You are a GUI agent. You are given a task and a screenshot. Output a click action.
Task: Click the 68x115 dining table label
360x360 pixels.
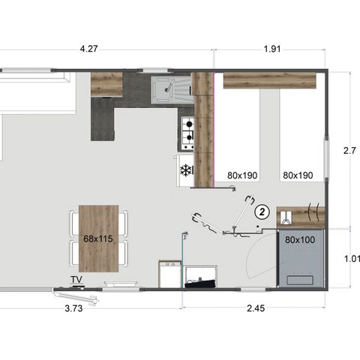click(97, 238)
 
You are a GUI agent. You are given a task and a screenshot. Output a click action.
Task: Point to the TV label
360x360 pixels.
click(76, 280)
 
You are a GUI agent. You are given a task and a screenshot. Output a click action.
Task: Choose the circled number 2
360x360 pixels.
click(261, 211)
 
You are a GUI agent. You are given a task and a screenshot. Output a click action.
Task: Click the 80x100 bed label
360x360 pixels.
click(300, 240)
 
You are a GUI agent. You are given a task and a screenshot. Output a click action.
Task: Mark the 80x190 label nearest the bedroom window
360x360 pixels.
click(298, 175)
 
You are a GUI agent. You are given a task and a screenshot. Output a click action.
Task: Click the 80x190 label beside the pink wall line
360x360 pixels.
click(241, 175)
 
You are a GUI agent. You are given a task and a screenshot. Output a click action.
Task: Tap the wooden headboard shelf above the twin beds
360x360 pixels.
click(268, 80)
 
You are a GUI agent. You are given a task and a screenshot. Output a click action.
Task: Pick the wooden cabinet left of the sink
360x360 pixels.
click(106, 84)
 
